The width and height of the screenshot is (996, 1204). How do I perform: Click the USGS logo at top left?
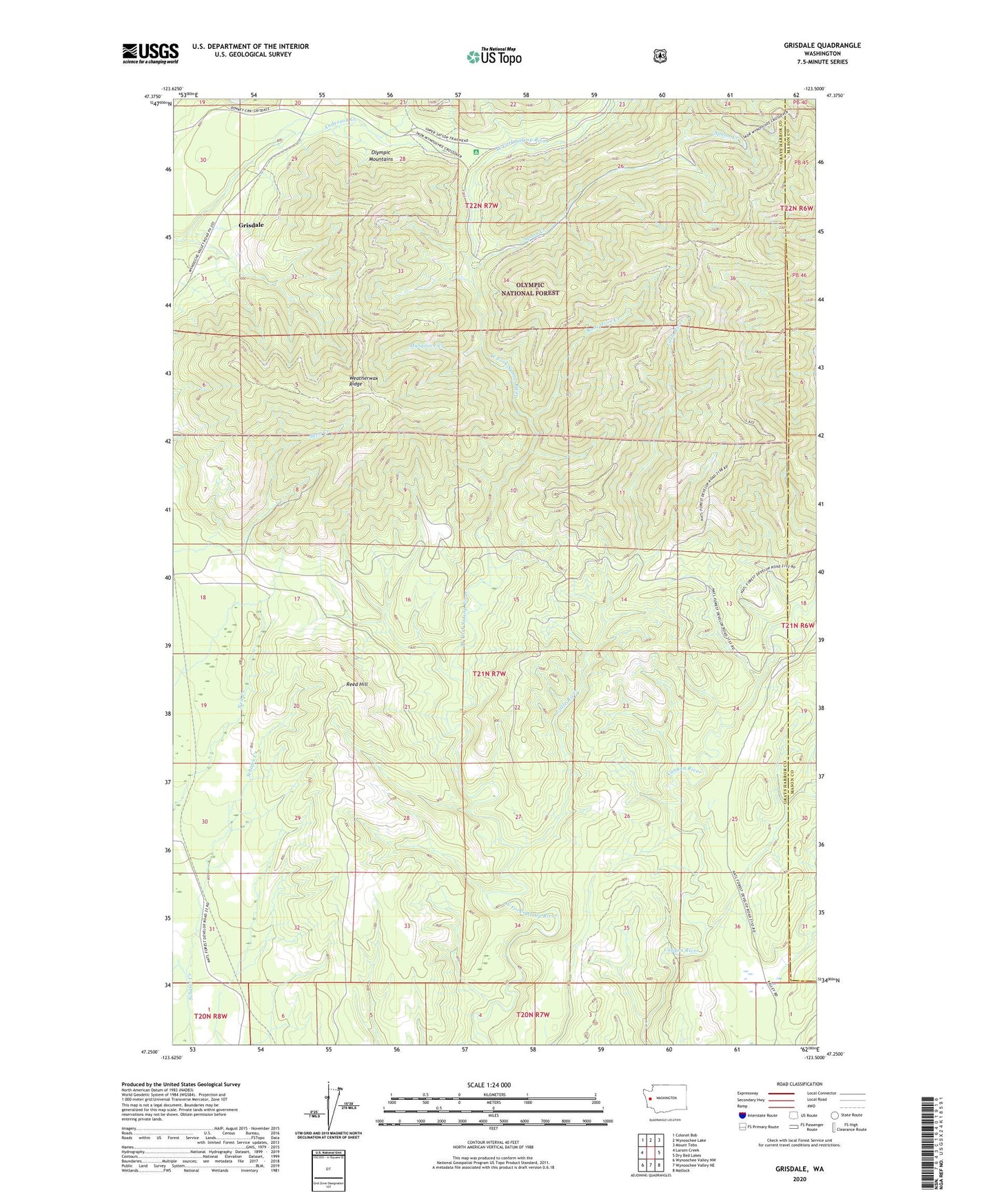[150, 53]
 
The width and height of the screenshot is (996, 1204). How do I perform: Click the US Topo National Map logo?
[494, 56]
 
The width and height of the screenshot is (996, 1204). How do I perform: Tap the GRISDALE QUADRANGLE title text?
[822, 46]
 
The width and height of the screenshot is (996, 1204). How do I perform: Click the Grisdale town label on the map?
[251, 225]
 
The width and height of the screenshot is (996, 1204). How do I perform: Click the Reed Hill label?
[357, 685]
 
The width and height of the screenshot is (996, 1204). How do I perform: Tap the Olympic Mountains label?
[381, 156]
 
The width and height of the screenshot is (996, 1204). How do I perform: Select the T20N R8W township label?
[210, 1016]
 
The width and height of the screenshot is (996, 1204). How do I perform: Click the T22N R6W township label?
[797, 208]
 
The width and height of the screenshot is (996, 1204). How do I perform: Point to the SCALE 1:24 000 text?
[489, 1085]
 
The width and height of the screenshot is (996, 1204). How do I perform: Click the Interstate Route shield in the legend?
[742, 1115]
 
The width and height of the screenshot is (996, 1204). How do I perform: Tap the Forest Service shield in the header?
[660, 56]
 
